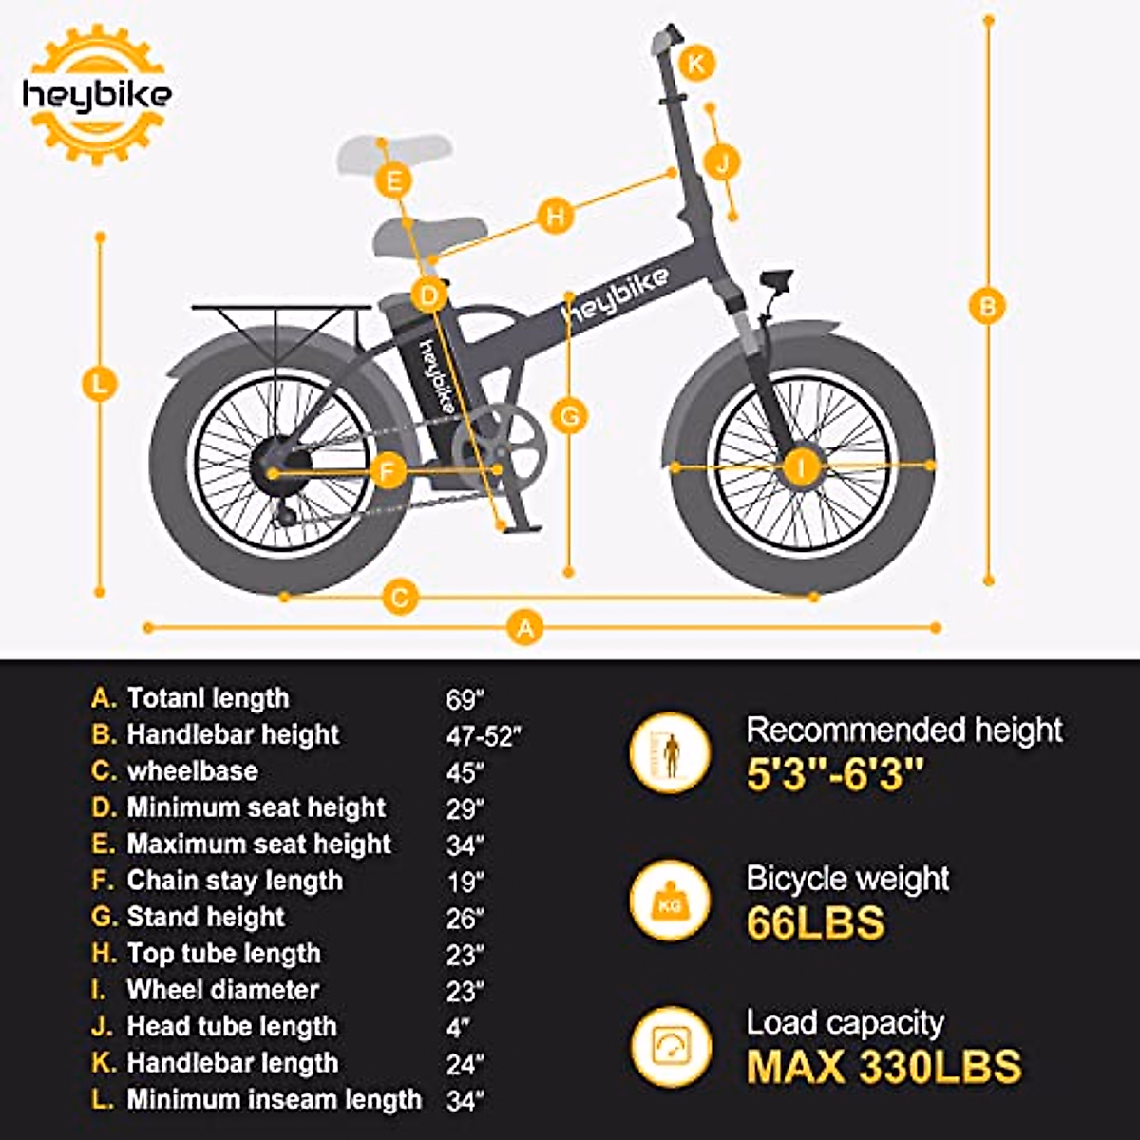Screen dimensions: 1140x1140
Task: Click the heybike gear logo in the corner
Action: [96, 95]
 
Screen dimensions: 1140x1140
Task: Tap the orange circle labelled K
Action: [697, 64]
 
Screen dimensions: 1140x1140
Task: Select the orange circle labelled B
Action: [988, 307]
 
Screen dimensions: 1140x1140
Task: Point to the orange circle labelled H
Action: [556, 216]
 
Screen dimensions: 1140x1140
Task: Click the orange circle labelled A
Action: [525, 628]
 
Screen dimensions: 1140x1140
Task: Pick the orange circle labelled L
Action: [100, 386]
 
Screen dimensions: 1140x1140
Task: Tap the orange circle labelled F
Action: [388, 471]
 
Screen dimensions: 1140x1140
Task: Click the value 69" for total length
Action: [465, 700]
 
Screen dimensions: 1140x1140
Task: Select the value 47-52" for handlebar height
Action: [484, 736]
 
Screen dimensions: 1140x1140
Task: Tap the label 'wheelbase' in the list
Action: [192, 770]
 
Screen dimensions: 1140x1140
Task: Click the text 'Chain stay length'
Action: [235, 881]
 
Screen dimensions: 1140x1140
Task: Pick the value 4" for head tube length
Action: [459, 1028]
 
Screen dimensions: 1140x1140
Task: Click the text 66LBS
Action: [815, 922]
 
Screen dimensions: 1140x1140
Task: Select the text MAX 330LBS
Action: [883, 1067]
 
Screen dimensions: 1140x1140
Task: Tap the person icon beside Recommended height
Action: [671, 753]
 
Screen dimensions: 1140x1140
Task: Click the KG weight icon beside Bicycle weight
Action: [671, 901]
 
